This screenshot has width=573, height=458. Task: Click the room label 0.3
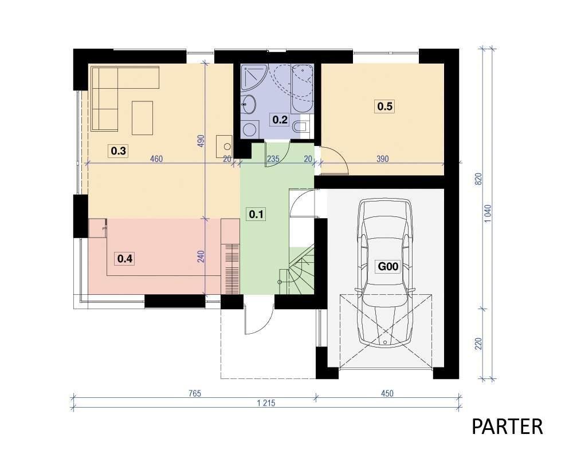coord(119,151)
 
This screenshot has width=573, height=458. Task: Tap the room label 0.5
coord(385,106)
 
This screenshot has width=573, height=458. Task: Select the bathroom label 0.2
coord(280,120)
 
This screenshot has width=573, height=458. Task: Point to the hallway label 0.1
coord(256,214)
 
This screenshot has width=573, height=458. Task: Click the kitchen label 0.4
coord(125,259)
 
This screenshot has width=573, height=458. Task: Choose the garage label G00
coord(388,266)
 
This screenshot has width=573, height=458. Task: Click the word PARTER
coord(507,427)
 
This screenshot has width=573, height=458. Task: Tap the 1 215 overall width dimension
coord(266,403)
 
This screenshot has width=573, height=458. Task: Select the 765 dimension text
coord(195,393)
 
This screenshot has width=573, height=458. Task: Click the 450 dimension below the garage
coord(387,393)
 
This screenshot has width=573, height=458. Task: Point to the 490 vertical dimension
coord(201,141)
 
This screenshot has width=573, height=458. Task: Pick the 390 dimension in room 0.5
coord(382,159)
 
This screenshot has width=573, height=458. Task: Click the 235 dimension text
coord(273,159)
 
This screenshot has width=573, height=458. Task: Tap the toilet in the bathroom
coord(300,127)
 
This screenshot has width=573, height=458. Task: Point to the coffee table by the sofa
coord(143,118)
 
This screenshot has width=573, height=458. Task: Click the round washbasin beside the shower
coord(249,104)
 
